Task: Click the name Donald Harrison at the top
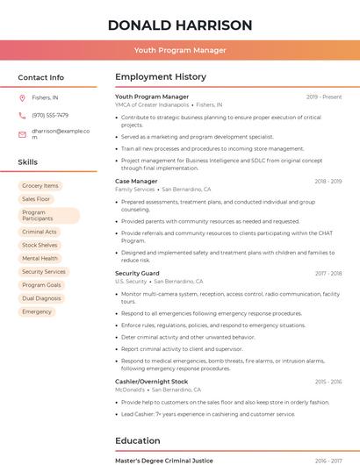pos(180,25)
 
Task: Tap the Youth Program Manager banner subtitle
pos(180,50)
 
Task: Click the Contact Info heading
pos(41,77)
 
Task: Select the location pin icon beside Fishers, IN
pos(22,98)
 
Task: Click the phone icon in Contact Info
pos(22,115)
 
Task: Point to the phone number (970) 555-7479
pos(50,115)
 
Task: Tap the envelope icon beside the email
pos(22,133)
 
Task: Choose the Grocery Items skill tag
pos(40,186)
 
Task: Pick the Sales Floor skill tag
pos(37,199)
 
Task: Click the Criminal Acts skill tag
pos(40,232)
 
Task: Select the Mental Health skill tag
pos(40,259)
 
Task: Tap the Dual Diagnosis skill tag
pos(41,298)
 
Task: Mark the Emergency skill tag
pos(37,311)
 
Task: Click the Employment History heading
pos(161,77)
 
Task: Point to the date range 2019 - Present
pos(324,97)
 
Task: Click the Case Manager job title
pos(136,181)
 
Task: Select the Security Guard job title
pos(137,274)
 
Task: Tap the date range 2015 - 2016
pos(328,382)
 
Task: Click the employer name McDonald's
pos(131,390)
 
